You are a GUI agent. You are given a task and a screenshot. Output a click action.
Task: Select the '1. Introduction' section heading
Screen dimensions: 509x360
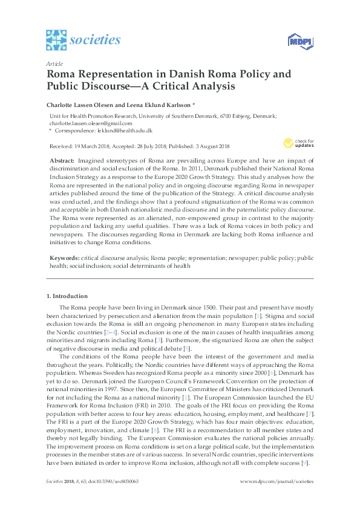[67, 296]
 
